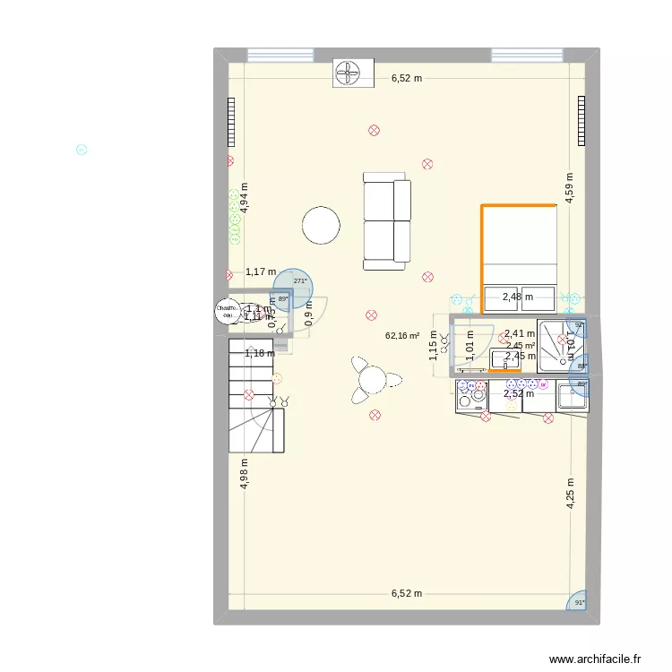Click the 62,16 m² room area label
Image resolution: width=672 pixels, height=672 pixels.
click(402, 336)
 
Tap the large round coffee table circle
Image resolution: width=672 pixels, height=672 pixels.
click(321, 225)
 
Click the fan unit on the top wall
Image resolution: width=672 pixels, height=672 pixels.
click(348, 73)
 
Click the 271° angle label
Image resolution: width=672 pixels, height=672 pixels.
click(299, 280)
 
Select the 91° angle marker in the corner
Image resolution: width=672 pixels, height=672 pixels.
click(579, 602)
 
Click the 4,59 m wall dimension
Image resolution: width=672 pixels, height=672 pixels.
click(569, 188)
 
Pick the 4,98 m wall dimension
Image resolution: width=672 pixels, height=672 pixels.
click(244, 473)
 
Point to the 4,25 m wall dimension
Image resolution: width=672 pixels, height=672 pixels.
click(569, 493)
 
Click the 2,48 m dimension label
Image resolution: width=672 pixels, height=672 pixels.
click(517, 297)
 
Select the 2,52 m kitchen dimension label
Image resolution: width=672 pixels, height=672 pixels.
click(518, 393)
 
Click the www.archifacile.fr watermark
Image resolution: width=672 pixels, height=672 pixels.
click(596, 658)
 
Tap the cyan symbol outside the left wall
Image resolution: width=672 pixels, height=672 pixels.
click(82, 151)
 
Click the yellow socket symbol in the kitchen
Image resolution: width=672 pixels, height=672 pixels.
click(511, 406)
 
